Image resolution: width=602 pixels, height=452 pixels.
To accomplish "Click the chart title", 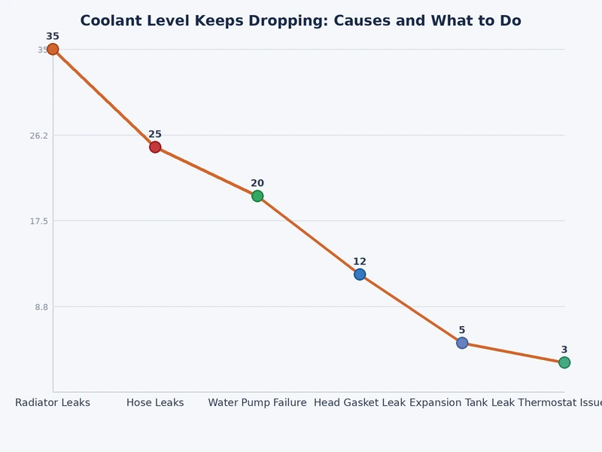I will [x=300, y=21].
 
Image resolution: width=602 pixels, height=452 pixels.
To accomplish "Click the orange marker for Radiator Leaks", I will [x=53, y=49].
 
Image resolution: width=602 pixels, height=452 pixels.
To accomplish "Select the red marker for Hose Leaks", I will [x=155, y=147].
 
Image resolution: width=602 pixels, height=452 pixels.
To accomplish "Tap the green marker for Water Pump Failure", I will [x=257, y=196].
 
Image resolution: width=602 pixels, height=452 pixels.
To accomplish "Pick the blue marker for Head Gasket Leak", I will [x=360, y=274].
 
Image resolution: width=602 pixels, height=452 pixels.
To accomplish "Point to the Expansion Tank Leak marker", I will [x=462, y=343].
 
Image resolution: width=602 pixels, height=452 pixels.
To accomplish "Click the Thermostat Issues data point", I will [x=564, y=362].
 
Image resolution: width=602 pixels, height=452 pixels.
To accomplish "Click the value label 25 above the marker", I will [x=155, y=134].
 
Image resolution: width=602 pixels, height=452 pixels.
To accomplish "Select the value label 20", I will [x=257, y=183].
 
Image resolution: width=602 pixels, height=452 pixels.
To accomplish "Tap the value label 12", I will [x=360, y=261].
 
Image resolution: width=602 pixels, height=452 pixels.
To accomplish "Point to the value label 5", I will [x=462, y=330].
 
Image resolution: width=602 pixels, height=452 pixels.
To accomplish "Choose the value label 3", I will [x=564, y=350].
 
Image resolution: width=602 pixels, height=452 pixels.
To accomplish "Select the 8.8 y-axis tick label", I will [x=41, y=307].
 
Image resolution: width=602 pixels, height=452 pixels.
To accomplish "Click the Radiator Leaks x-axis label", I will [x=53, y=403].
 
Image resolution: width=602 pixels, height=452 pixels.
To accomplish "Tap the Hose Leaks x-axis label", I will [x=155, y=403].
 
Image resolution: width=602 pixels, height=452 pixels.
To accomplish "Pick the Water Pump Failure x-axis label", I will [x=257, y=403].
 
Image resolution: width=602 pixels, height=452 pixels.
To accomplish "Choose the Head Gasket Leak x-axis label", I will [x=360, y=403].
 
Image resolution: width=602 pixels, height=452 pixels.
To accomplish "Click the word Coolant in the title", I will [x=110, y=21].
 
